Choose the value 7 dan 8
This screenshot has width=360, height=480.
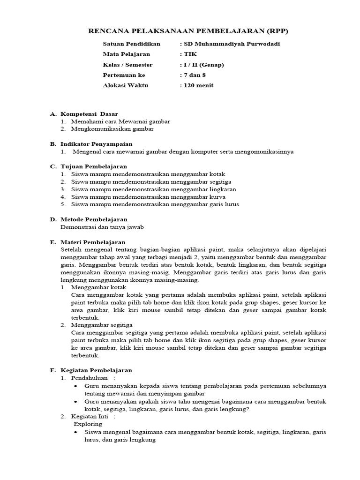pyautogui.click(x=196, y=75)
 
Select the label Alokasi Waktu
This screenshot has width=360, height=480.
pyautogui.click(x=125, y=85)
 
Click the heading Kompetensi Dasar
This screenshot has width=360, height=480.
pyautogui.click(x=90, y=114)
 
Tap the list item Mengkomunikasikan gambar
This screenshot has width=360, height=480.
pyautogui.click(x=112, y=128)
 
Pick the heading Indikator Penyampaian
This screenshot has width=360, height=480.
pyautogui.click(x=97, y=144)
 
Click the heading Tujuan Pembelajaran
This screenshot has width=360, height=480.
pyautogui.click(x=94, y=166)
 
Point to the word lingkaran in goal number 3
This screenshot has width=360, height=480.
pyautogui.click(x=223, y=189)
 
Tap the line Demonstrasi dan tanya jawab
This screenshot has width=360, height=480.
pyautogui.click(x=102, y=227)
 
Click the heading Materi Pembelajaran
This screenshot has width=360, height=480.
pyautogui.click(x=93, y=242)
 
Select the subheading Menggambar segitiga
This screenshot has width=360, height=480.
pyautogui.click(x=102, y=325)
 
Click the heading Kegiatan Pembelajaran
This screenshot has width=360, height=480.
pyautogui.click(x=96, y=370)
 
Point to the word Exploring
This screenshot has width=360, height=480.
pyautogui.click(x=88, y=424)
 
